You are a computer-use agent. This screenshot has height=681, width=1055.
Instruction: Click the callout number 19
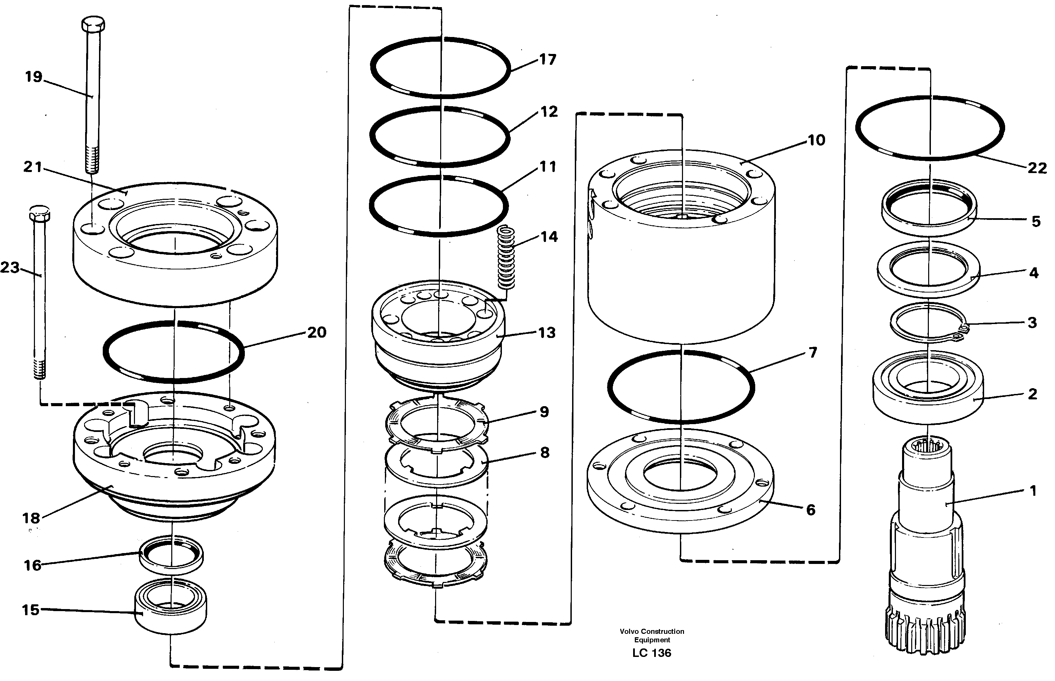(34, 77)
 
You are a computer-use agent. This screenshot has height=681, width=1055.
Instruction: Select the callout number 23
(10, 267)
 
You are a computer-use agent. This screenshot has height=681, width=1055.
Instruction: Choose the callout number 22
(1037, 168)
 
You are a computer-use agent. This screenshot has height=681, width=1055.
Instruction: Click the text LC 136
(651, 653)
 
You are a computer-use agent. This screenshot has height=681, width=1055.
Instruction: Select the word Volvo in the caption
(629, 631)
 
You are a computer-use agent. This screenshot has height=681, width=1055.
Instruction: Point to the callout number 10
(816, 140)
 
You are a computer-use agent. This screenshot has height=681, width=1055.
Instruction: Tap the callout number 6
(810, 510)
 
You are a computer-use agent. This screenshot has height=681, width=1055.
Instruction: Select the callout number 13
(547, 333)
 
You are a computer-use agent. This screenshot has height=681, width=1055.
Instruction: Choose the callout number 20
(316, 332)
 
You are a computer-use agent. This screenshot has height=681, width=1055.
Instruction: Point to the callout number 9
(544, 412)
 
